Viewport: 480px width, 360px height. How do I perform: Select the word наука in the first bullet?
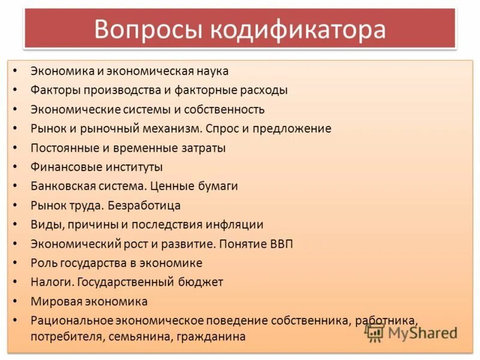point(209,71)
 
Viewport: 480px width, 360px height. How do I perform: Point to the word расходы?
point(262,90)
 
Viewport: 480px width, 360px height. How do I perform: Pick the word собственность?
point(226,109)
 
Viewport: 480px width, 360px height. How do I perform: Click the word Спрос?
point(227,128)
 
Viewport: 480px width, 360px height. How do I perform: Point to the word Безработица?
point(145,205)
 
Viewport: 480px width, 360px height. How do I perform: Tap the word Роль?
point(44,263)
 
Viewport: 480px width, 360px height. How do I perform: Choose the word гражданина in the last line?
point(211,337)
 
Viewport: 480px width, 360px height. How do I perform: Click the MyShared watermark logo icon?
point(374,332)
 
